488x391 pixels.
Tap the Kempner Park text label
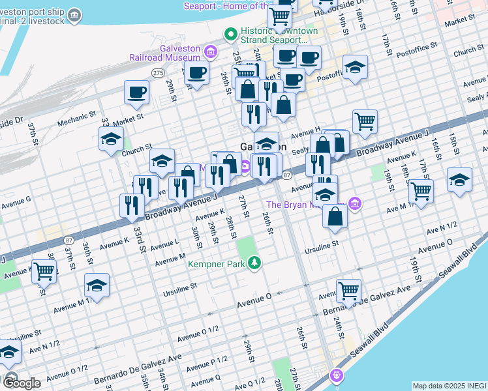[x=215, y=264]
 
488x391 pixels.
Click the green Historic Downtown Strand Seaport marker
[x=230, y=34]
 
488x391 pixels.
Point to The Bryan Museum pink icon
[x=355, y=204]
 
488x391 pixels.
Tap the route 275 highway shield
[x=158, y=74]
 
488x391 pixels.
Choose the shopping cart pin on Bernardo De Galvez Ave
[x=348, y=291]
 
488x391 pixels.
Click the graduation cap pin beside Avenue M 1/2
[x=97, y=285]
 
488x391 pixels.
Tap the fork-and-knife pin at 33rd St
[x=132, y=205]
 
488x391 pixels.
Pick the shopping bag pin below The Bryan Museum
[x=334, y=216]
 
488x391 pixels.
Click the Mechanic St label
[x=76, y=119]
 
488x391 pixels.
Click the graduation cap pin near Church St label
[x=112, y=138]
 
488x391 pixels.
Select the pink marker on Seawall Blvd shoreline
[x=336, y=375]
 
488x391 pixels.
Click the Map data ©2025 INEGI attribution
[x=449, y=386]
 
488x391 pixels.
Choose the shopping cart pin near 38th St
[x=44, y=270]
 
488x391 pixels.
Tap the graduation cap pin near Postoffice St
[x=355, y=67]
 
